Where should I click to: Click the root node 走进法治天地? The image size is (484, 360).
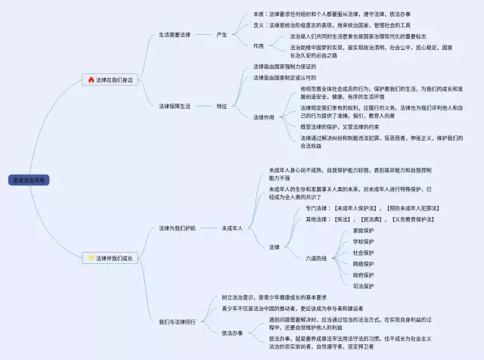(30, 180)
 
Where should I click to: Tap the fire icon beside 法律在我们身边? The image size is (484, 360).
(92, 79)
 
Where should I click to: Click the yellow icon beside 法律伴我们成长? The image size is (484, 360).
(92, 258)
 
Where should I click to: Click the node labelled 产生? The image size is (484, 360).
(222, 35)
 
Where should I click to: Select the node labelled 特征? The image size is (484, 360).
(222, 106)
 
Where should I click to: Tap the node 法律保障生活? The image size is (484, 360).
(175, 106)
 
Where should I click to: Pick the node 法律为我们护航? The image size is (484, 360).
(177, 228)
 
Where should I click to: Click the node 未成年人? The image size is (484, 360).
(231, 228)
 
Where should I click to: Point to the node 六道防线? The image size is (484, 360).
(316, 258)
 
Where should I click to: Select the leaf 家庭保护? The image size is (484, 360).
(363, 230)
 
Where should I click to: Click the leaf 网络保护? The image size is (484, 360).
(363, 264)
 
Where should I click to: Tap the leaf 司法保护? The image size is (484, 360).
(363, 286)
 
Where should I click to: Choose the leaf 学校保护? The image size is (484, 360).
(363, 241)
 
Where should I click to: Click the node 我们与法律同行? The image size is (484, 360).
(177, 321)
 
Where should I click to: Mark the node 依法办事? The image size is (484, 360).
(232, 333)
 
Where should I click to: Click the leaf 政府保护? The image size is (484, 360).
(363, 275)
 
